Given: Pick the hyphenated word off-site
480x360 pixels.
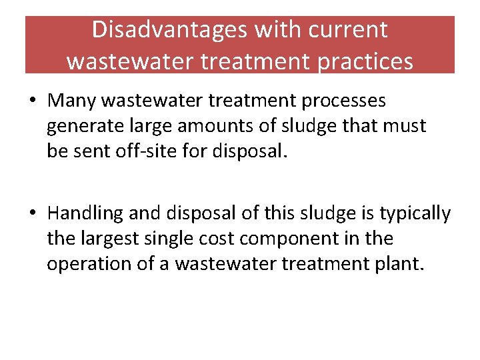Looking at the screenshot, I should coord(156,151).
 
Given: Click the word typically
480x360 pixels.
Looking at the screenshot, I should coord(415,213).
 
